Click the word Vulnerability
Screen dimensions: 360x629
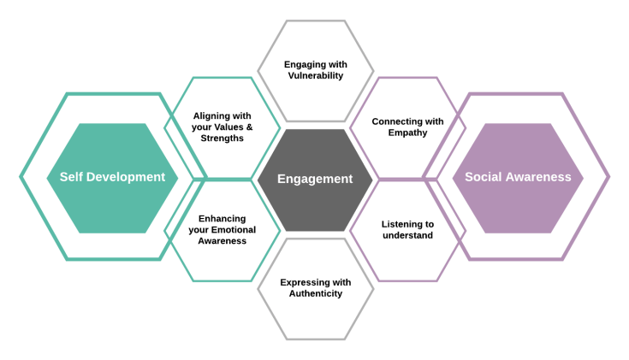click(x=315, y=75)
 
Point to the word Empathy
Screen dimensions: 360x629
click(x=407, y=133)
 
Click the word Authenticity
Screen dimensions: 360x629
click(x=315, y=293)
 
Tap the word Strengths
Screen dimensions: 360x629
click(x=223, y=138)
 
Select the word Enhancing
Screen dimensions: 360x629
click(x=222, y=218)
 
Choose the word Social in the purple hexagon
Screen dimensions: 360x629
click(x=482, y=177)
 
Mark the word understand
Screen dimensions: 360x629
click(x=407, y=235)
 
